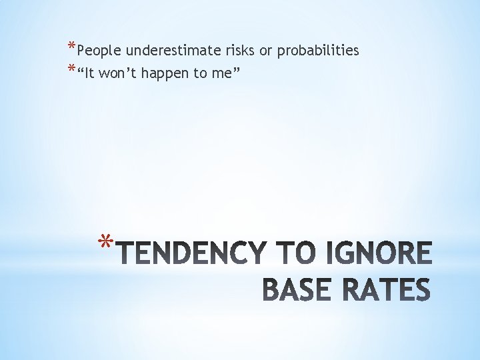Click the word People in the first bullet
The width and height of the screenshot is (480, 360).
tap(99, 51)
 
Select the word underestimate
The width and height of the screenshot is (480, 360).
tap(167, 51)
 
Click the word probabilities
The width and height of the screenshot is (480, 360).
tap(318, 51)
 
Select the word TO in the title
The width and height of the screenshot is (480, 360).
tap(294, 254)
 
